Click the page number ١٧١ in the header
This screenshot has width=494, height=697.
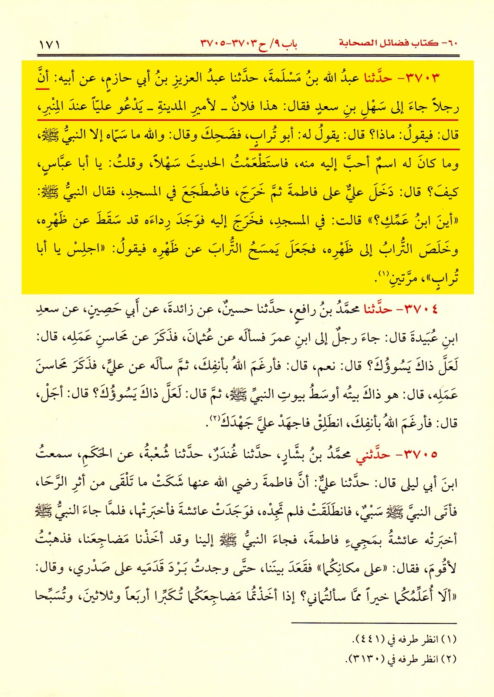click(x=49, y=44)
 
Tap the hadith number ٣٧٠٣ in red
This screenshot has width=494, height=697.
click(x=423, y=78)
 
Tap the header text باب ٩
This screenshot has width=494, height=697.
click(x=286, y=44)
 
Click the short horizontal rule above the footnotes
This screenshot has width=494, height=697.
click(x=374, y=623)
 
